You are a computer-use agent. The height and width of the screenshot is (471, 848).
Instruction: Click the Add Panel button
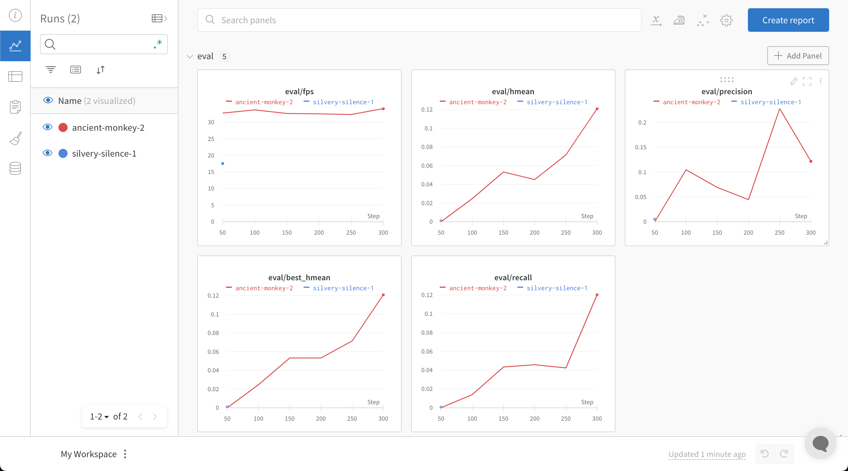(798, 56)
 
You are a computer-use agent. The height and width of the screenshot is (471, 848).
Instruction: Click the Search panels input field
(419, 20)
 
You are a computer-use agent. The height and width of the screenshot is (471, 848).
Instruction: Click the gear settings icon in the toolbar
(726, 20)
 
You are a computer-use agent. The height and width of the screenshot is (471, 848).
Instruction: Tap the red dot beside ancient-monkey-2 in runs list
(63, 127)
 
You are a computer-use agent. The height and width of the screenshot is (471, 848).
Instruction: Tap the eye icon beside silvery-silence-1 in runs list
(48, 153)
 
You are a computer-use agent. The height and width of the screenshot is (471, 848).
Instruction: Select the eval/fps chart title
(299, 91)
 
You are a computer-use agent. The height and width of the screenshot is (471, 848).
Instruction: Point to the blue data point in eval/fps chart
(223, 163)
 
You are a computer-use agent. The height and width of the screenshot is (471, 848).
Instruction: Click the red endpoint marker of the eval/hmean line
(597, 109)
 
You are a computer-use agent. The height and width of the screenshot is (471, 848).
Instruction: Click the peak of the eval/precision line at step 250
(779, 109)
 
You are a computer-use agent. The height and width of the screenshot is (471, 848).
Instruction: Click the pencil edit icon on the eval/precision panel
(794, 81)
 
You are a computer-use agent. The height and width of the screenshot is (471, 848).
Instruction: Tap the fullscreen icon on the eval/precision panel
(807, 81)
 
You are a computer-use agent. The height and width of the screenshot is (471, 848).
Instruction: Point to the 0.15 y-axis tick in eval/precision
(640, 147)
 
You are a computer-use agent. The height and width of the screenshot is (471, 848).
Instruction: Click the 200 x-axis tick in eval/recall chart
(534, 418)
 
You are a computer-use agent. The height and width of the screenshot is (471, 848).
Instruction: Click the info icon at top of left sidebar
(15, 15)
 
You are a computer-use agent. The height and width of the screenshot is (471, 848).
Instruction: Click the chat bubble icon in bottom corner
(820, 443)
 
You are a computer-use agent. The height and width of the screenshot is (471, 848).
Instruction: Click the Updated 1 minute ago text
(707, 454)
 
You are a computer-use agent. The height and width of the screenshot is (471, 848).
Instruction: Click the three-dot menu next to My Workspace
(125, 454)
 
